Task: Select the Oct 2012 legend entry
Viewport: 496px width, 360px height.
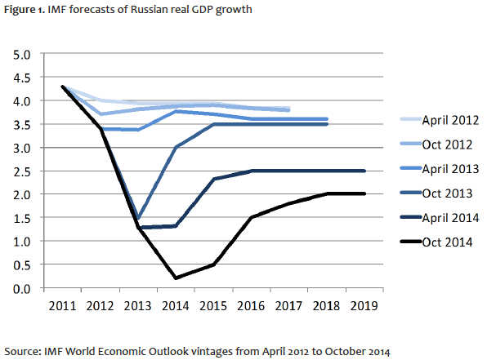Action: (x=442, y=145)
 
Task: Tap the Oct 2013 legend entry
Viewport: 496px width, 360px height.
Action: (x=442, y=195)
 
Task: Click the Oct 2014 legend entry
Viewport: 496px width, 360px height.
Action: (x=442, y=244)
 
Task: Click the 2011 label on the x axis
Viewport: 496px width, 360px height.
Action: (x=63, y=306)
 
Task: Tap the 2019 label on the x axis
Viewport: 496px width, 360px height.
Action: (x=364, y=306)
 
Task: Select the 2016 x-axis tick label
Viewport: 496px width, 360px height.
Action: (x=251, y=306)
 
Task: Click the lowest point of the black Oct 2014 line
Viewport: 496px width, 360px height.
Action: (x=177, y=278)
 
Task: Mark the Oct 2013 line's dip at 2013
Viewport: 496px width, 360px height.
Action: (x=139, y=219)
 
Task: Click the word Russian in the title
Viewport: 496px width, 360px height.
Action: (x=150, y=10)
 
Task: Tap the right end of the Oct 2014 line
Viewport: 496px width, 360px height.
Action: (x=364, y=194)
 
